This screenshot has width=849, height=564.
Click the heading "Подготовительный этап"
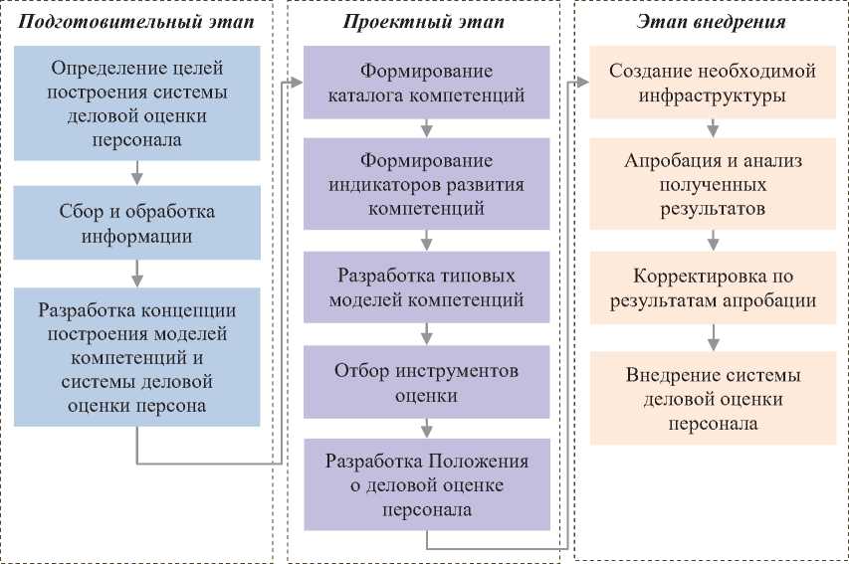(136, 22)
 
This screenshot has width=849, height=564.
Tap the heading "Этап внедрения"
(713, 22)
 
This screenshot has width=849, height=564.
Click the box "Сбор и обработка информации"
(136, 224)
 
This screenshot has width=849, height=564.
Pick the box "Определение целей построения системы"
(136, 103)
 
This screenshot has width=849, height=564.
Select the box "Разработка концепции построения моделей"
(136, 357)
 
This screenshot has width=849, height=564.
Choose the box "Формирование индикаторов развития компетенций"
(426, 184)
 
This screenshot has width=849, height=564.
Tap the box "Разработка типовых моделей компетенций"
(426, 285)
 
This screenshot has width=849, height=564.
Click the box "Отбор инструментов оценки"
(426, 383)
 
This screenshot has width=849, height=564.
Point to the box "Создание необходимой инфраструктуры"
(713, 84)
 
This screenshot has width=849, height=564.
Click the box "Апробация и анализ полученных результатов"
(713, 184)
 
